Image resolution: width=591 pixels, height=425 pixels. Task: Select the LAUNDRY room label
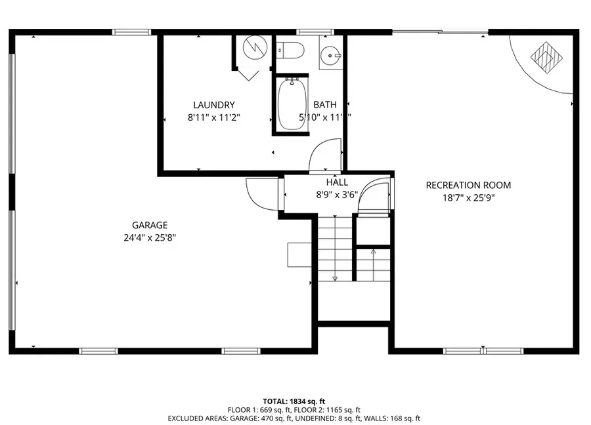coord(213,105)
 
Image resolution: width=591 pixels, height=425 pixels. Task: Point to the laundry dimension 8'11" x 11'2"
coord(213,117)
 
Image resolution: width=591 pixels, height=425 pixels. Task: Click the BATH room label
coord(324,105)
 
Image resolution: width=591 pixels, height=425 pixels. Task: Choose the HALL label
coord(337,182)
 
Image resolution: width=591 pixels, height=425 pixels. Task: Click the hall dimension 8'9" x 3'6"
coord(337,195)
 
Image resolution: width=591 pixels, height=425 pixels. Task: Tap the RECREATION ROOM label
coord(468,185)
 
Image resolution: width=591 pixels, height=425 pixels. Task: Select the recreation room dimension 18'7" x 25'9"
coord(468,197)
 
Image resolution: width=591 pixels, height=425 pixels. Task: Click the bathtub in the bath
coord(290,105)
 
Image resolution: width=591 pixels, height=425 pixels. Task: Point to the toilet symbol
coord(289,49)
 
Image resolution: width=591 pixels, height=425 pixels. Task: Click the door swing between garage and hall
coord(263,193)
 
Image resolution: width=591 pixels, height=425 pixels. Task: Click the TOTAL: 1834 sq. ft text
coord(294,400)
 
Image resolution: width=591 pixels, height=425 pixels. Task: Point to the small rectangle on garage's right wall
coord(299,254)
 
